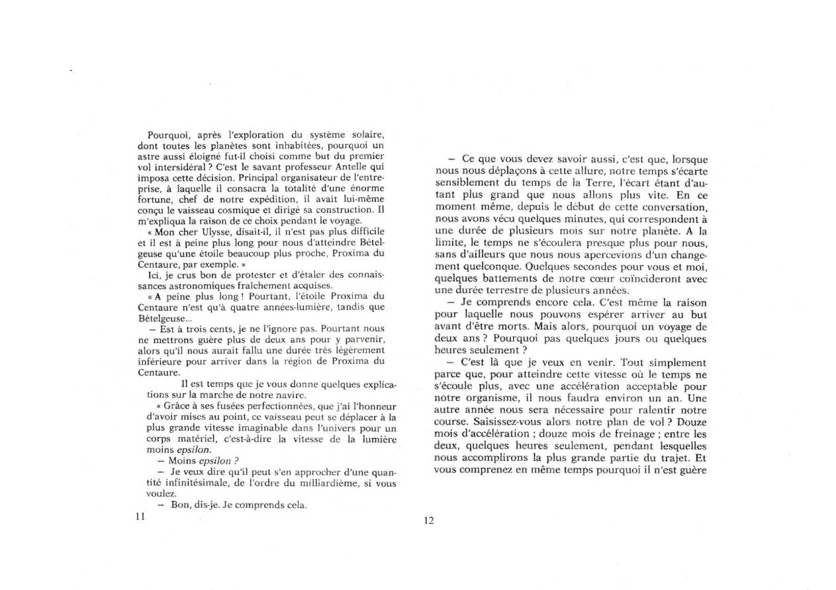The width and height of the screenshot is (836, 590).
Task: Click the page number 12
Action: [428, 521]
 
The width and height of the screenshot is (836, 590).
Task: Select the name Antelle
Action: [337, 167]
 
